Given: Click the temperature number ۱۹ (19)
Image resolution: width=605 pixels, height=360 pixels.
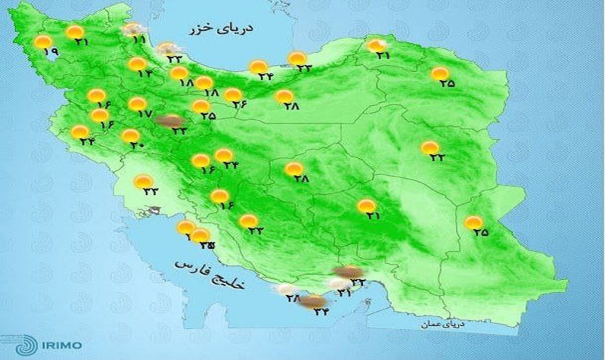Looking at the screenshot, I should pos(51,53).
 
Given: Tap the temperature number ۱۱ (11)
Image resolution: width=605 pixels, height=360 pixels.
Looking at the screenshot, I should pos(138,39).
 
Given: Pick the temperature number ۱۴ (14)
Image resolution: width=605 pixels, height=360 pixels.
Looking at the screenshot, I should pos(144,74).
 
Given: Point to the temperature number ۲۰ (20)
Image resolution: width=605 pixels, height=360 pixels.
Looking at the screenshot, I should pos(136,145).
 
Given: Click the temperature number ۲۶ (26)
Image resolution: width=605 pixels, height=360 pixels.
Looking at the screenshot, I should pos(240,104).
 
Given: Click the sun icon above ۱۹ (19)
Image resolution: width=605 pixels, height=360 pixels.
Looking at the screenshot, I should pos(44,42).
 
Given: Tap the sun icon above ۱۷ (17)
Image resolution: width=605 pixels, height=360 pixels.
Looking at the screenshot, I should pos(137,104).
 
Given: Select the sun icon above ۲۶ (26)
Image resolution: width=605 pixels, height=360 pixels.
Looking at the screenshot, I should pos(234,95).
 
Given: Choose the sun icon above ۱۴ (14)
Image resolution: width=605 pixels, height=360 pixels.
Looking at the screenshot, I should pos(137,64).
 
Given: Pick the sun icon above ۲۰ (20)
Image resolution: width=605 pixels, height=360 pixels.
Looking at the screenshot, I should pos(130,135).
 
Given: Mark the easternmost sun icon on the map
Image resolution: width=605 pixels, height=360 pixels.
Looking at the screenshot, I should pos(473,222).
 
